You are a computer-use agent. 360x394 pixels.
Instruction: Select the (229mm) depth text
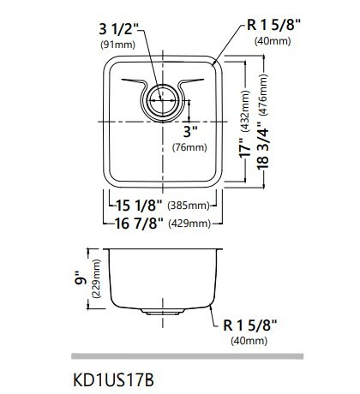tap(93, 278)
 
